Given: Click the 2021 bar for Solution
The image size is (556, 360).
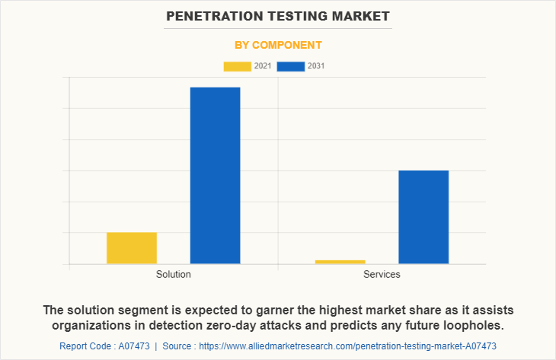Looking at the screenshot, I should [132, 248].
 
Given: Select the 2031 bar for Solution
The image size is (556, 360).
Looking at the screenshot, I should [215, 176].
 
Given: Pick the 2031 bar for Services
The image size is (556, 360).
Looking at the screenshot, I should [423, 217].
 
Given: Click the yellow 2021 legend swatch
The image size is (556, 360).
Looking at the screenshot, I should [237, 66].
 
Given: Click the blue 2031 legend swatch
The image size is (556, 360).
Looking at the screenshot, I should [291, 66].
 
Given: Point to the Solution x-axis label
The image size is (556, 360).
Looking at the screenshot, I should [173, 274].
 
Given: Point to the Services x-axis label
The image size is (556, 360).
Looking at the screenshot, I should [382, 274].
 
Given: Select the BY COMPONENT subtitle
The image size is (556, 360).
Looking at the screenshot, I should [277, 45].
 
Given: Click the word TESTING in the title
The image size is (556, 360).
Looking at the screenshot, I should [302, 15].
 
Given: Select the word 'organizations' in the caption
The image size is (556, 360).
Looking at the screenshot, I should [88, 325].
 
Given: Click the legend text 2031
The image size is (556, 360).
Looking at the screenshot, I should [316, 66].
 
